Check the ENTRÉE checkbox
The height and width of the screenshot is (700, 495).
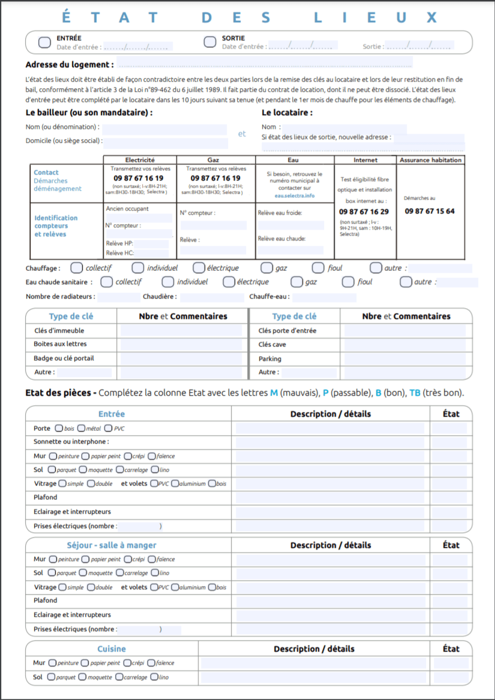tap(44, 42)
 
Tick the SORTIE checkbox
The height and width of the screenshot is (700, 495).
tap(209, 42)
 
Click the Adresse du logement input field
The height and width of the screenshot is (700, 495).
tap(264, 64)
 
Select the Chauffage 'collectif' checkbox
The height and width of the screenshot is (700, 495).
tap(76, 268)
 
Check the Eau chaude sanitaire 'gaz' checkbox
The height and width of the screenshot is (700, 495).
tap(296, 282)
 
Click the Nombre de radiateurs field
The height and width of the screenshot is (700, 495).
tap(118, 297)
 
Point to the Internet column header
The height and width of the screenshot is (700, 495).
tap(365, 160)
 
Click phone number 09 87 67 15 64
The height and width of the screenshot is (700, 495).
tap(430, 211)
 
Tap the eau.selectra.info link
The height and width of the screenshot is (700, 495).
tap(295, 195)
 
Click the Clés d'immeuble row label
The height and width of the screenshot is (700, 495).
tap(59, 330)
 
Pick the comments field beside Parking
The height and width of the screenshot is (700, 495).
tap(404, 358)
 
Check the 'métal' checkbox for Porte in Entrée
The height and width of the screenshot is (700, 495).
tap(82, 429)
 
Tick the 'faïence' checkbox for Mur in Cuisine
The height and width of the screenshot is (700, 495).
tap(151, 663)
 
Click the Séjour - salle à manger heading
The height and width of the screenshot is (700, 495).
tap(112, 545)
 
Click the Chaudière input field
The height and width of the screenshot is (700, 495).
tap(211, 297)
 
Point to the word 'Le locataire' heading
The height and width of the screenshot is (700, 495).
tap(287, 112)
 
